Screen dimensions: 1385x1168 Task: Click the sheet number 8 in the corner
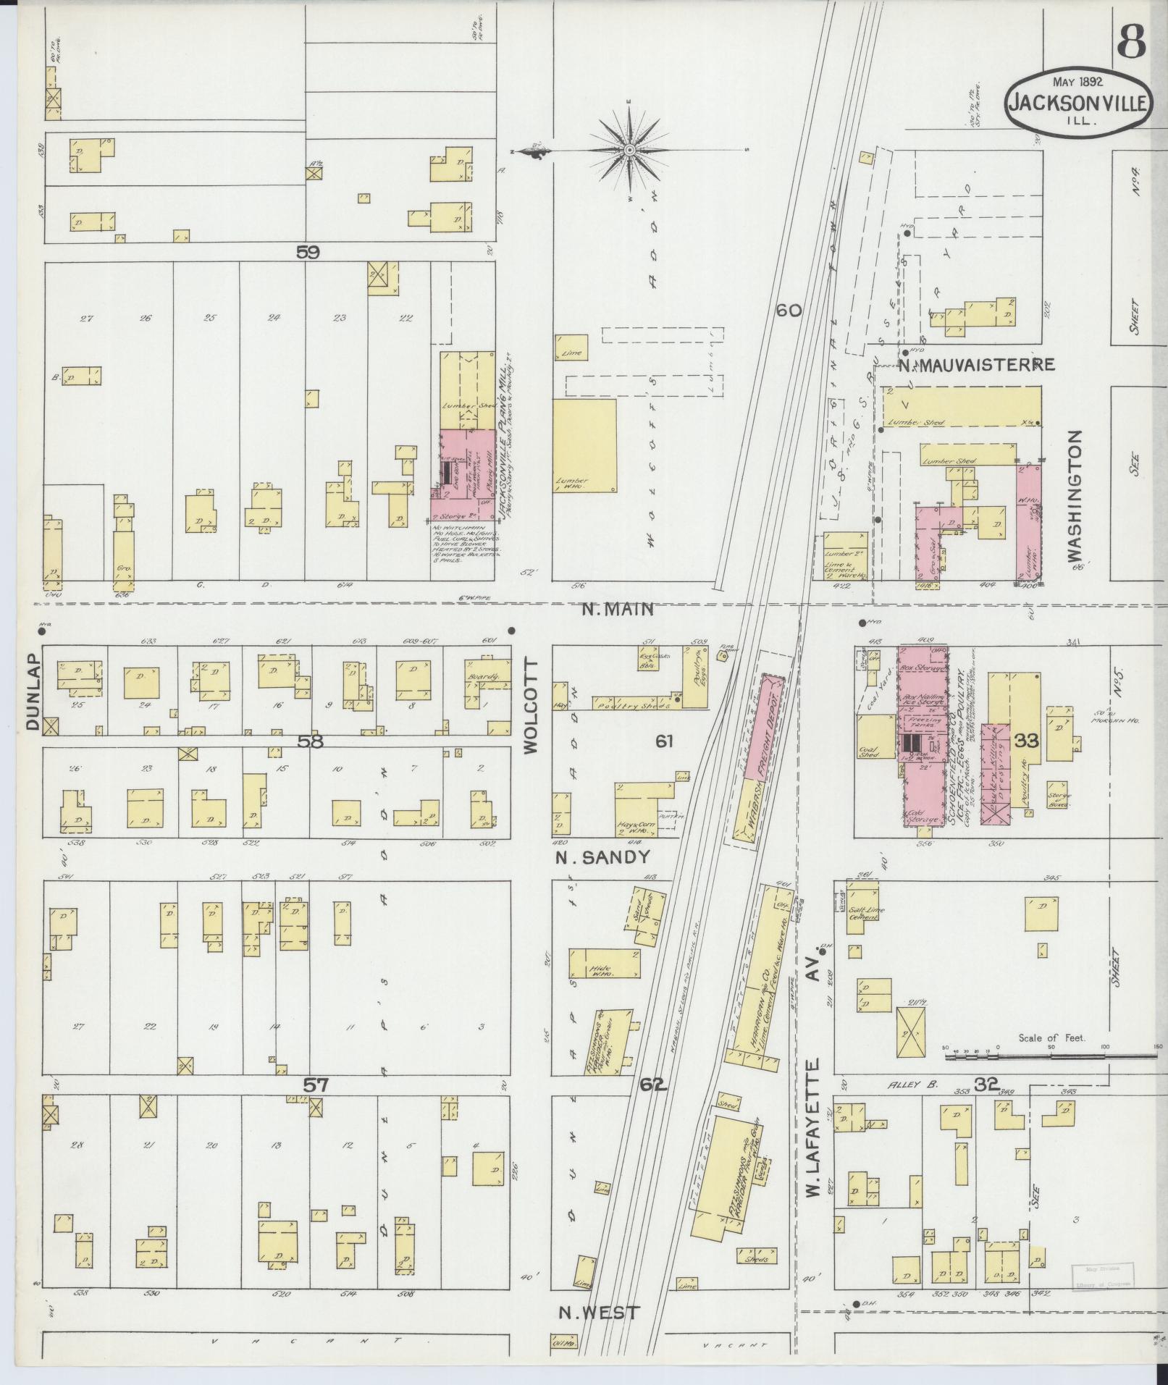pyautogui.click(x=1130, y=43)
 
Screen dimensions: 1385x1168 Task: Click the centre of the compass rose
pyautogui.click(x=630, y=150)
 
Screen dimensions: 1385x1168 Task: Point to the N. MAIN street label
pyautogui.click(x=618, y=610)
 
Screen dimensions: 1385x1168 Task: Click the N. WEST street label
pyautogui.click(x=598, y=1313)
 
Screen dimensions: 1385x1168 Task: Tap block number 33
pyautogui.click(x=1026, y=741)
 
